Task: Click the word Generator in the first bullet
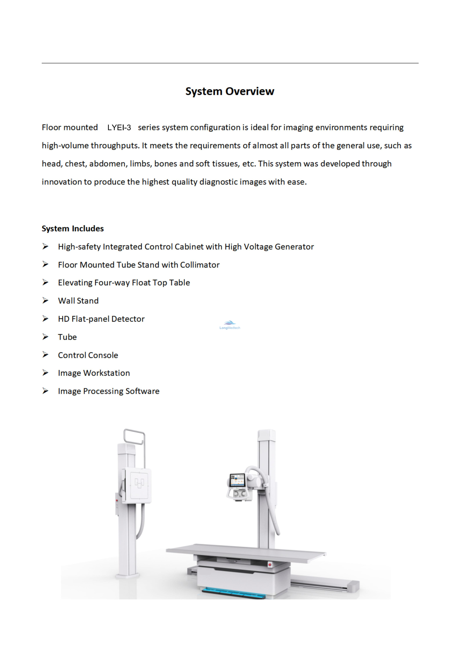[294, 247]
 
